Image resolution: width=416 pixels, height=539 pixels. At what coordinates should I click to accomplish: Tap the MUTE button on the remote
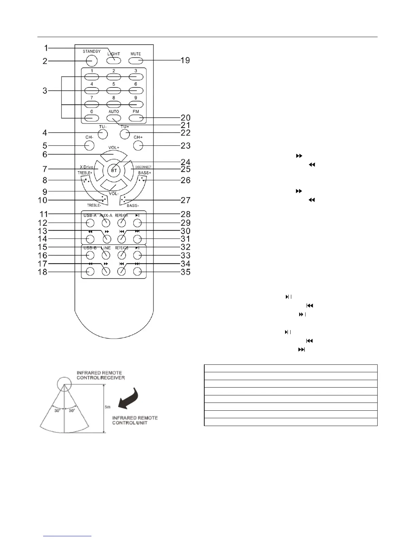136,61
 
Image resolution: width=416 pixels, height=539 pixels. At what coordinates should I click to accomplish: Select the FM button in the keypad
136,118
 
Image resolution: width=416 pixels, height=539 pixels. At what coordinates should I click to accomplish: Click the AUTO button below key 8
114,118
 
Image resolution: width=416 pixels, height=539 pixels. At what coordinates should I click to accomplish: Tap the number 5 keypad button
114,91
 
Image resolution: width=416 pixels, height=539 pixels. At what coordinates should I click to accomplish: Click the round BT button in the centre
114,170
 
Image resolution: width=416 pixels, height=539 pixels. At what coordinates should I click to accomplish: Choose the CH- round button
89,146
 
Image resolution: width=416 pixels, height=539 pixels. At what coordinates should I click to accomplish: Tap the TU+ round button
125,134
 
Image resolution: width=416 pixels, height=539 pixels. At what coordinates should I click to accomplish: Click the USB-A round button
90,223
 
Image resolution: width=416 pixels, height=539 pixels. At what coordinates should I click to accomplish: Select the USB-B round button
90,255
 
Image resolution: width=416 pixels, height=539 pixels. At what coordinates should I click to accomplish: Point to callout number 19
185,61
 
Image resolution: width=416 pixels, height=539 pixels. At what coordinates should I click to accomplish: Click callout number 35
185,272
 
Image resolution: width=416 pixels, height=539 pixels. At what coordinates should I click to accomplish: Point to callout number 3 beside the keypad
45,91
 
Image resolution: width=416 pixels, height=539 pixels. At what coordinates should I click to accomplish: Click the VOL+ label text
114,148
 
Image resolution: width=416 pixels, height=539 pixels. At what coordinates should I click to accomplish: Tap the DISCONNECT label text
143,167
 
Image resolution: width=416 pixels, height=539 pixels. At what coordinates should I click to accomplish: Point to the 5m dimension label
107,407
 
